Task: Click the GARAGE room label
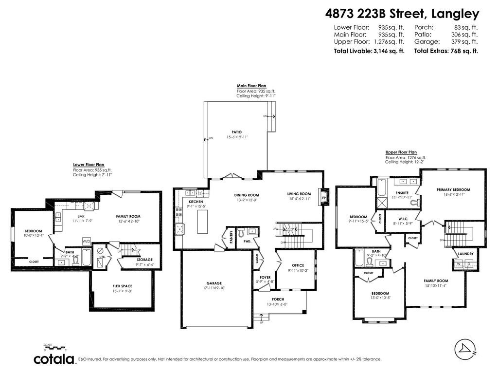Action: pyautogui.click(x=213, y=283)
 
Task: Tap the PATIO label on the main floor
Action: pyautogui.click(x=236, y=132)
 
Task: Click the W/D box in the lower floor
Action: pyautogui.click(x=86, y=241)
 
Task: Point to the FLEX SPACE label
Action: pyautogui.click(x=122, y=286)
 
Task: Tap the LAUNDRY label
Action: pyautogui.click(x=465, y=254)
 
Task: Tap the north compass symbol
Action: pyautogui.click(x=464, y=349)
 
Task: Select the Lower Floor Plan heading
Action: pyautogui.click(x=89, y=165)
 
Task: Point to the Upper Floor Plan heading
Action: pyautogui.click(x=401, y=152)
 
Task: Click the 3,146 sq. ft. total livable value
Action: pyautogui.click(x=389, y=51)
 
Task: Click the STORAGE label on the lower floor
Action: pyautogui.click(x=144, y=260)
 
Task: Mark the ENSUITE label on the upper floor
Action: pyautogui.click(x=402, y=193)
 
